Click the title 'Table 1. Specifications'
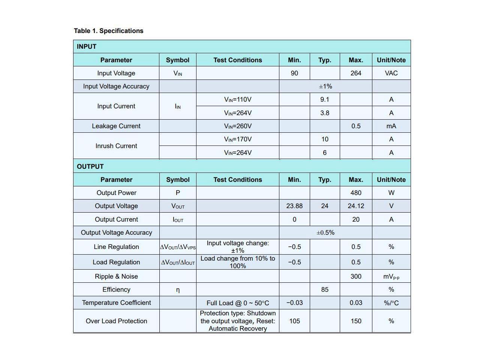[x=108, y=31]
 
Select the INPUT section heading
[x=87, y=46]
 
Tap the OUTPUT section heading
[x=90, y=166]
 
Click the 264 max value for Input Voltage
[x=356, y=73]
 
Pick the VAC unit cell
[x=391, y=73]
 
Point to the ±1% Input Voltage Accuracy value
[x=325, y=86]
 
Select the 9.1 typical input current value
[x=325, y=99]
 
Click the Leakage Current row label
[x=116, y=126]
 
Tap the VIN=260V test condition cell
[x=238, y=126]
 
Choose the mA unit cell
[x=391, y=126]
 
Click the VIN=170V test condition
[x=238, y=139]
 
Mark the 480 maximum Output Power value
[x=356, y=193]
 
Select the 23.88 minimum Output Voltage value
[x=294, y=206]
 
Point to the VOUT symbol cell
[x=178, y=206]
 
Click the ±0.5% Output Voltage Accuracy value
[x=325, y=232]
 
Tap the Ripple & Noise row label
[x=116, y=276]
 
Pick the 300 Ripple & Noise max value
[x=356, y=276]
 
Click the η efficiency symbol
[x=178, y=290]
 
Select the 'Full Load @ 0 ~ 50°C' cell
[x=238, y=303]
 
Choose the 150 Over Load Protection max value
[x=356, y=321]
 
